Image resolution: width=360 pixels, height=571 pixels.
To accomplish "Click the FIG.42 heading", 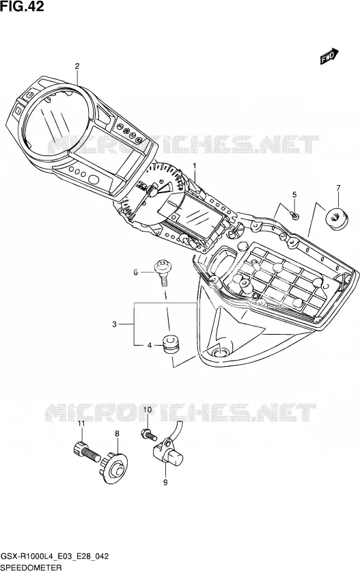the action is pyautogui.click(x=22, y=6).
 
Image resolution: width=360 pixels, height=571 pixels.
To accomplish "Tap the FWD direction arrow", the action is pyautogui.click(x=329, y=57).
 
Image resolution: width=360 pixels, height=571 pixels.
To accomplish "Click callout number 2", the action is pyautogui.click(x=77, y=66).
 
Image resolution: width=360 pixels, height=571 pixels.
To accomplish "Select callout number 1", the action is pyautogui.click(x=195, y=166).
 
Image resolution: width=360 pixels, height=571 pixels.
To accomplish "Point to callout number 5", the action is pyautogui.click(x=294, y=195).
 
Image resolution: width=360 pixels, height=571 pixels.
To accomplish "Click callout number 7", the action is pyautogui.click(x=338, y=188).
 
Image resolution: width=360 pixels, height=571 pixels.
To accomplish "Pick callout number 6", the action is pyautogui.click(x=135, y=272).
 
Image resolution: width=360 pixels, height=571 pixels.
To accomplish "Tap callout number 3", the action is pyautogui.click(x=114, y=324).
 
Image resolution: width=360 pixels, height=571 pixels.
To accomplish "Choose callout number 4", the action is pyautogui.click(x=150, y=346).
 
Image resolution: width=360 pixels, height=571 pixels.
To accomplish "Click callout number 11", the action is pyautogui.click(x=81, y=423).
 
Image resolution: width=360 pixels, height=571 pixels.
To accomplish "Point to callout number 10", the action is pyautogui.click(x=147, y=410).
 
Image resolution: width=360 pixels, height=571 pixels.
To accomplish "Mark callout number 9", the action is pyautogui.click(x=165, y=482).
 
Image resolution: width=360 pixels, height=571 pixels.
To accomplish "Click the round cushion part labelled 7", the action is pyautogui.click(x=335, y=219).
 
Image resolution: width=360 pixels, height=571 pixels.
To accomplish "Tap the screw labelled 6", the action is pyautogui.click(x=162, y=273).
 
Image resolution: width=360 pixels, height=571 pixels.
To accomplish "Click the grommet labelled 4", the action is pyautogui.click(x=171, y=344).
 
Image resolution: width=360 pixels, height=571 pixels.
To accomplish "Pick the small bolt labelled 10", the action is pyautogui.click(x=148, y=434).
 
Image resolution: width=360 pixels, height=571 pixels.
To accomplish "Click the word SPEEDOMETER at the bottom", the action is pyautogui.click(x=31, y=567).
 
